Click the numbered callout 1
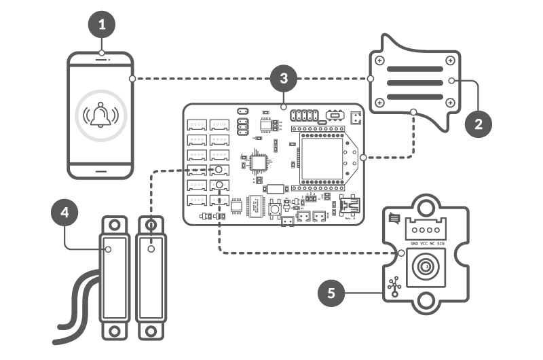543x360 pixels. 102,26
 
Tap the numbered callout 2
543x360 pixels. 479,124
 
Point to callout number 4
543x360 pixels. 64,213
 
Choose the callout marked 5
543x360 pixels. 331,293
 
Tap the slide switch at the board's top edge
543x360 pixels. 333,113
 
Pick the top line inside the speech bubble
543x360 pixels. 415,69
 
